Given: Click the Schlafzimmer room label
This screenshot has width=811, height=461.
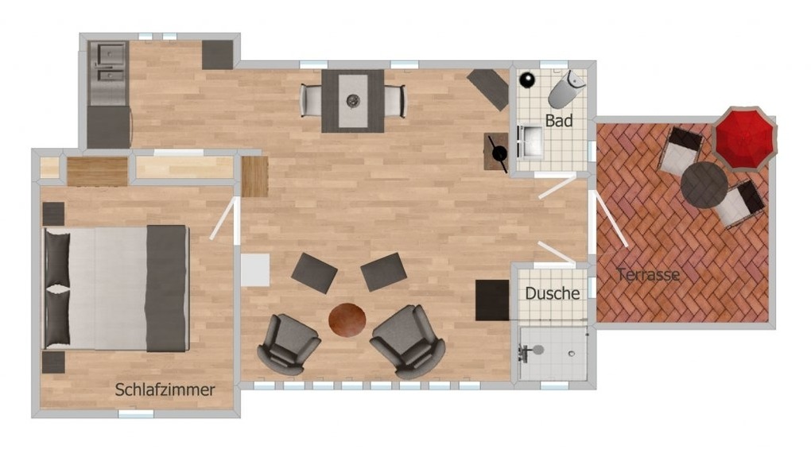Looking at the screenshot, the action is tap(165, 390).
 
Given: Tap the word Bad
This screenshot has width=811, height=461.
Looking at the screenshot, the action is tap(559, 121).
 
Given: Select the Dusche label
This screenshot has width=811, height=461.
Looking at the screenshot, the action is tap(553, 293).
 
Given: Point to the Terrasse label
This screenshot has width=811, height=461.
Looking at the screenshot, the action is tap(649, 275).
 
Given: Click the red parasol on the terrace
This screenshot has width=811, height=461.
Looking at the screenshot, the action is tap(745, 138).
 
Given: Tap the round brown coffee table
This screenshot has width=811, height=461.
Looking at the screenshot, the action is tap(347, 320).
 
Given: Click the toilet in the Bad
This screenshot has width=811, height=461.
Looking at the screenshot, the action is tap(566, 89).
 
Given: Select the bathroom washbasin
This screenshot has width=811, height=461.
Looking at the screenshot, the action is tap(530, 141).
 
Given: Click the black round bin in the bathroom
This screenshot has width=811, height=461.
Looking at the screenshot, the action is tap(527, 80).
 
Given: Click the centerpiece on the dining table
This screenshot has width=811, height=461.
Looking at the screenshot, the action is tap(353, 99).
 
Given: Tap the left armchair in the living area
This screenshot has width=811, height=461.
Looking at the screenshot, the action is tap(288, 344).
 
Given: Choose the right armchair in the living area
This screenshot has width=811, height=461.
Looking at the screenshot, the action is tap(409, 340).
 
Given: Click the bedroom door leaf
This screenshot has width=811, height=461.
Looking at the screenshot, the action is tap(223, 219).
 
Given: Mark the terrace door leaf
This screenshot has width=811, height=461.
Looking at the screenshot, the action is tap(611, 219).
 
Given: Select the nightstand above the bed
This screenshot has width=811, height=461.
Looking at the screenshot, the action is tap(53, 214).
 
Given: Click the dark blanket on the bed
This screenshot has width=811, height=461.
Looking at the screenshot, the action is tap(166, 289).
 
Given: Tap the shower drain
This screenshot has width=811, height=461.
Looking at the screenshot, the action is tap(571, 354).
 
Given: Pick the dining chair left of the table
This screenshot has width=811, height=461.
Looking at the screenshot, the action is tap(312, 100).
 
